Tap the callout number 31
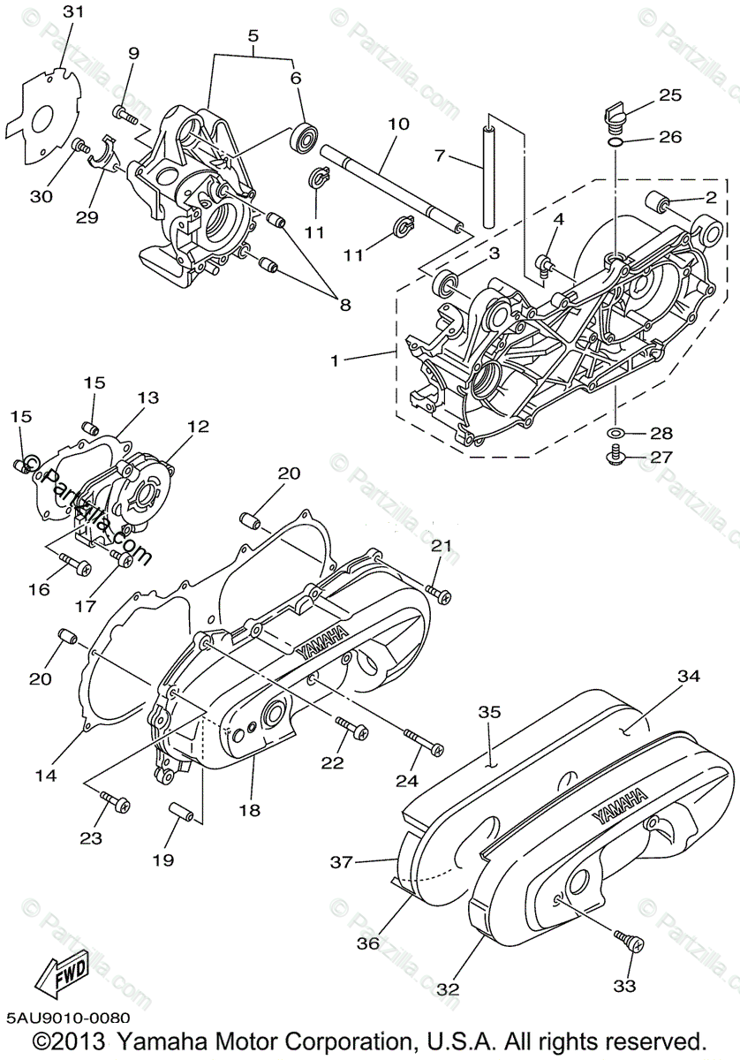pos(74,11)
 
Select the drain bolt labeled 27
pos(613,456)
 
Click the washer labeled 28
pos(615,433)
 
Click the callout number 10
pos(398,125)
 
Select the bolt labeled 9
pos(125,113)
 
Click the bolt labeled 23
pos(115,802)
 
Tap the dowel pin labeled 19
pos(181,811)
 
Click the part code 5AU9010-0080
pos(67,1019)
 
